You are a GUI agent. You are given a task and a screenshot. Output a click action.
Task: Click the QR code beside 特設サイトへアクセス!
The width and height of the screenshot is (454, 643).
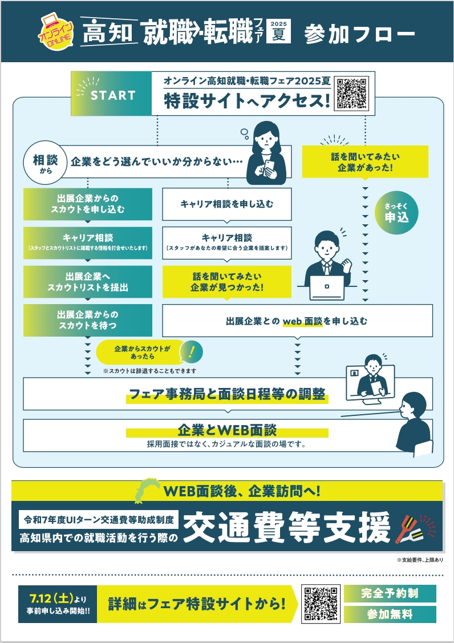pyautogui.click(x=352, y=93)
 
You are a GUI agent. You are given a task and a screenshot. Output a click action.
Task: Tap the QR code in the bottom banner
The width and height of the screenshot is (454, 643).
pyautogui.click(x=321, y=604)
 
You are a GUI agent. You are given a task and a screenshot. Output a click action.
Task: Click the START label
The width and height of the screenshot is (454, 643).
pyautogui.click(x=113, y=95)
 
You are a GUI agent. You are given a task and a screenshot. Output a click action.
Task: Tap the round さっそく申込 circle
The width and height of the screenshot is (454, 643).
pyautogui.click(x=396, y=213)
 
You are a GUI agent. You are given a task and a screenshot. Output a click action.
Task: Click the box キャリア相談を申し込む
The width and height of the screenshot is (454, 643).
pyautogui.click(x=227, y=204)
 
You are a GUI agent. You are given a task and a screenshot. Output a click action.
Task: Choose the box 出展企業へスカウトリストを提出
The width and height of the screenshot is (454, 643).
pyautogui.click(x=88, y=282)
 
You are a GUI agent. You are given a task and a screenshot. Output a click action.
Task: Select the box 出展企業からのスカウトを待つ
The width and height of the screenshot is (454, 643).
pyautogui.click(x=88, y=320)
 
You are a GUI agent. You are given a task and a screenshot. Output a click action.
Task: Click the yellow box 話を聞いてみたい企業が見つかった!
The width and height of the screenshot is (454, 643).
pyautogui.click(x=227, y=282)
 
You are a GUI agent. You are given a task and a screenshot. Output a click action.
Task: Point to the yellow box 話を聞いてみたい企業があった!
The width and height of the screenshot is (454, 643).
pyautogui.click(x=365, y=162)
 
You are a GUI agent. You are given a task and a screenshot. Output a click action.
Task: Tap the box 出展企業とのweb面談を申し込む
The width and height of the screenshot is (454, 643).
pyautogui.click(x=297, y=321)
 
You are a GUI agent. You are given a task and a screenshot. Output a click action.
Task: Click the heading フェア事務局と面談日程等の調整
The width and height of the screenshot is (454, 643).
pyautogui.click(x=227, y=394)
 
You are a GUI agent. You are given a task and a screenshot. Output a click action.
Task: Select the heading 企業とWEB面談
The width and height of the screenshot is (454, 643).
pyautogui.click(x=227, y=430)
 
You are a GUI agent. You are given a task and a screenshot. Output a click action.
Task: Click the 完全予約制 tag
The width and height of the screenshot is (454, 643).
pyautogui.click(x=390, y=593)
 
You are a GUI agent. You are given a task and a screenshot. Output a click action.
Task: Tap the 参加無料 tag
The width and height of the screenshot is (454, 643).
pyautogui.click(x=390, y=614)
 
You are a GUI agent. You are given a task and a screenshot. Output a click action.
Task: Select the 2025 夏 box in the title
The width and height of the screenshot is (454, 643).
pyautogui.click(x=278, y=31)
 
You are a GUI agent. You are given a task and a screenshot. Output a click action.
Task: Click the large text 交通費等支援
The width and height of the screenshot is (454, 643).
pyautogui.click(x=287, y=529)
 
